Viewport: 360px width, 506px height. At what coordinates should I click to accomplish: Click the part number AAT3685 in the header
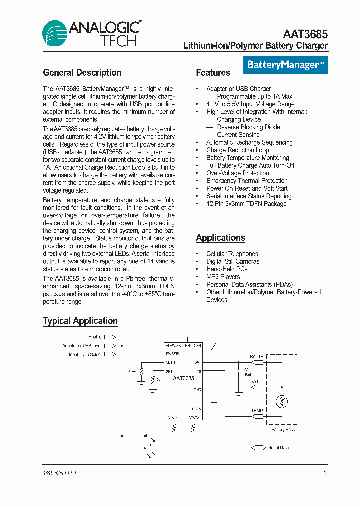pos(305,34)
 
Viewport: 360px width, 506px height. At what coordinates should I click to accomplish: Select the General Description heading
pos(82,73)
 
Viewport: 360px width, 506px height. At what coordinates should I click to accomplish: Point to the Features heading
pos(213,73)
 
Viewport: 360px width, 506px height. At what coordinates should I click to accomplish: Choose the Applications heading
pos(220,238)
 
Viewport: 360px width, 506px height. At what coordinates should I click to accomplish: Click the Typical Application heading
pos(80,321)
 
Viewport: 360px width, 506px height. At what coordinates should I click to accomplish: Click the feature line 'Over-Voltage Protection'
pos(237,173)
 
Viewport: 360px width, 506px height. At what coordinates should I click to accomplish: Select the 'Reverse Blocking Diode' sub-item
pos(248,127)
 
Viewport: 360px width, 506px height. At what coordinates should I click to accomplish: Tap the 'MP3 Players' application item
pos(223,277)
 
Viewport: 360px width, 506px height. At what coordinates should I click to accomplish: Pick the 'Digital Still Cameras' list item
pos(233,261)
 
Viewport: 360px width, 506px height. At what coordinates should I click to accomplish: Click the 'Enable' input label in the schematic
pos(95,337)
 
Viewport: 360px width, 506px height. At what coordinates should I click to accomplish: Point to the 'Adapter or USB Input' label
pos(82,346)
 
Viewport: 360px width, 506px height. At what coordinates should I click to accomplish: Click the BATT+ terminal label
pos(257,357)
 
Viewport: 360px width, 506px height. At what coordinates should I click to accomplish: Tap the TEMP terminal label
pos(257,411)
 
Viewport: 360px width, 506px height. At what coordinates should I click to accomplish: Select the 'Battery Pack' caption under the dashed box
pos(283,430)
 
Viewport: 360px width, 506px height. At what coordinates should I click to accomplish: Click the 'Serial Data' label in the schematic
pos(278,448)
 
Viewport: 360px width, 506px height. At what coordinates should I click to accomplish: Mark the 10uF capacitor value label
pos(248,374)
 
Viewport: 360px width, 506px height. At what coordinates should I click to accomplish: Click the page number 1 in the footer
pos(326,473)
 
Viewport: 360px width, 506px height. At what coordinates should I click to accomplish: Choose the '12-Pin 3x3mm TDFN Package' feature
pos(246,204)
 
